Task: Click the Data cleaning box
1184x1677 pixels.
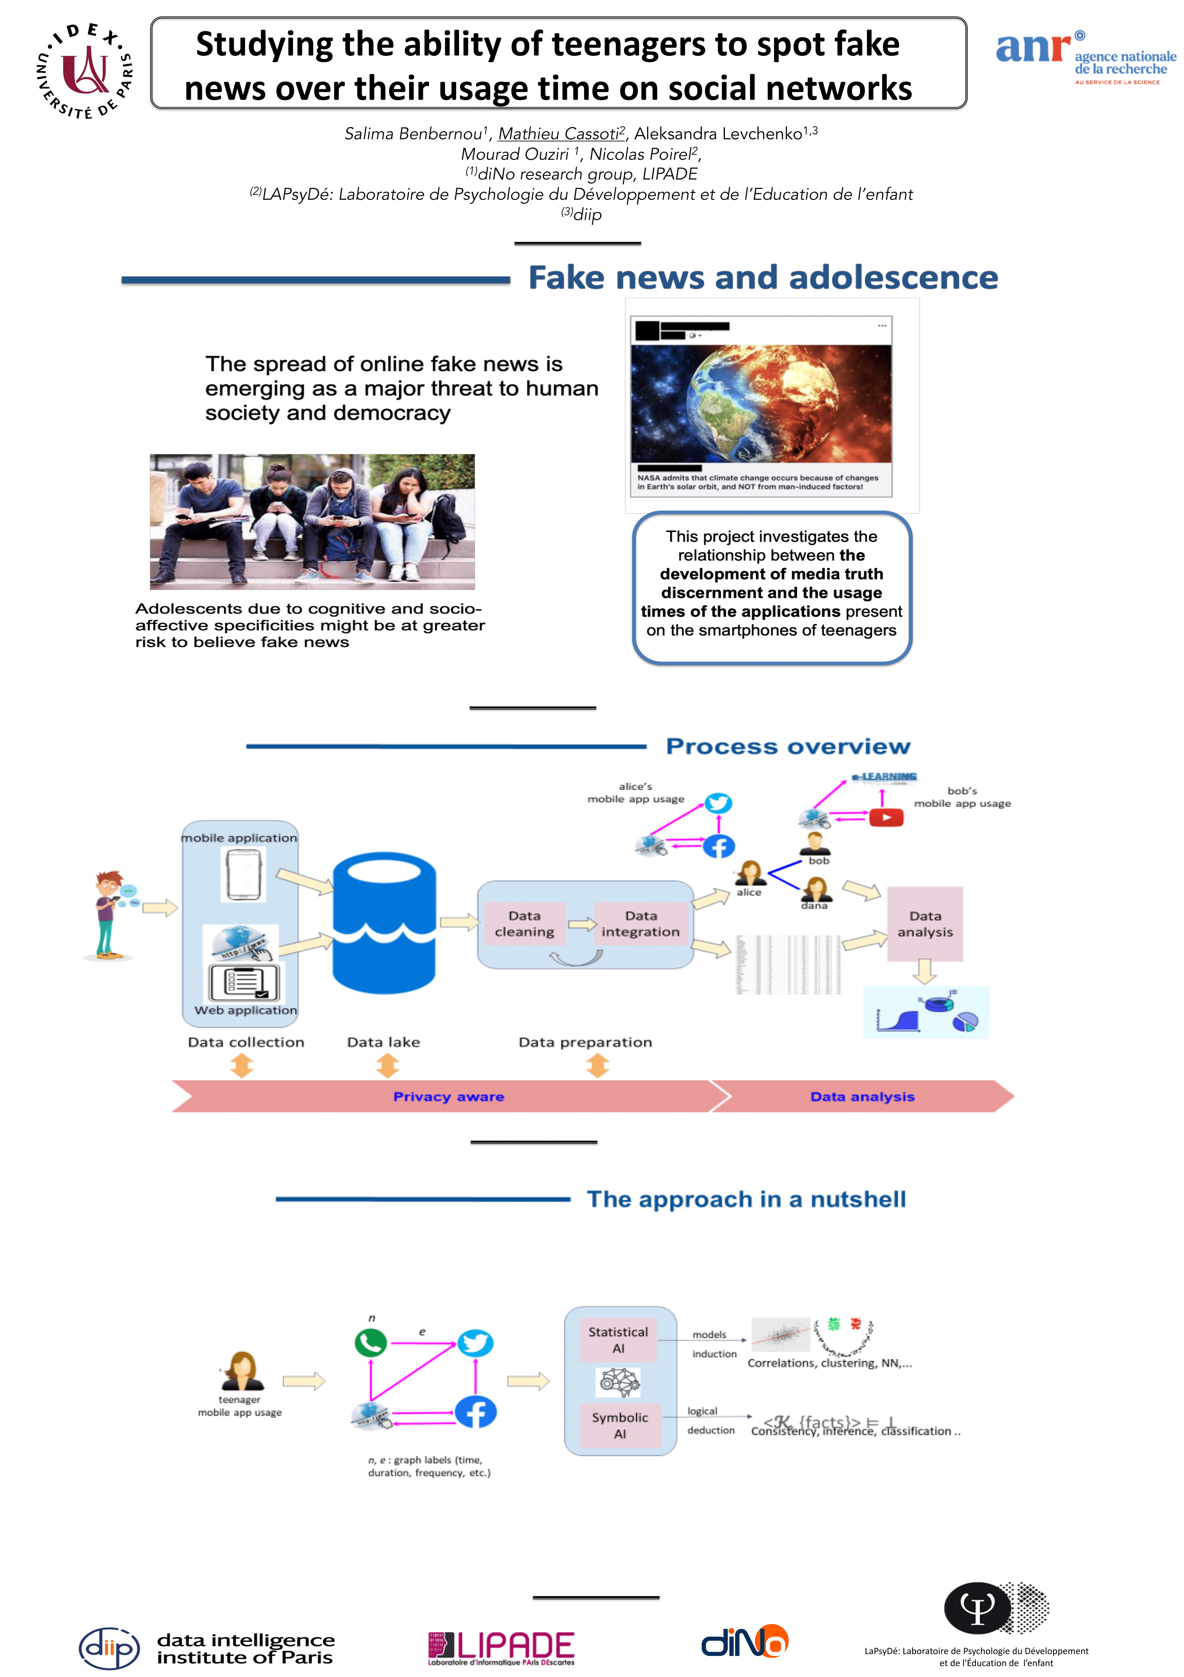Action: pyautogui.click(x=524, y=924)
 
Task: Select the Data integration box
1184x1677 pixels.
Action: pyautogui.click(x=640, y=924)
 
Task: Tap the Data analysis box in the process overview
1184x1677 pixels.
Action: pyautogui.click(x=925, y=924)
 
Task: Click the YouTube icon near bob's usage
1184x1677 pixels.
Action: pyautogui.click(x=886, y=817)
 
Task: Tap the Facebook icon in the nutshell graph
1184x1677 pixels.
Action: pyautogui.click(x=476, y=1412)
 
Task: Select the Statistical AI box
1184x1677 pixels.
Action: pyautogui.click(x=618, y=1339)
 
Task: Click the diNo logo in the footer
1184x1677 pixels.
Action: pyautogui.click(x=745, y=1642)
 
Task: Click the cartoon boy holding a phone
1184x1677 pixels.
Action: pyautogui.click(x=110, y=914)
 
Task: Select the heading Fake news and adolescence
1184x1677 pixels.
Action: pyautogui.click(x=763, y=278)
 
